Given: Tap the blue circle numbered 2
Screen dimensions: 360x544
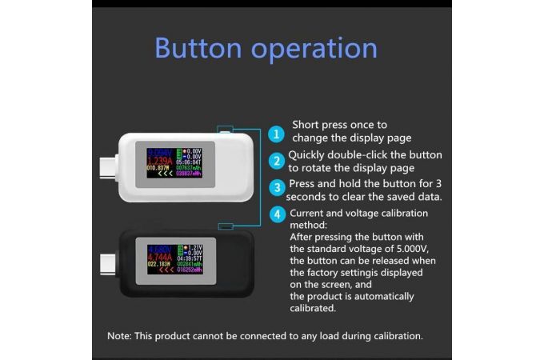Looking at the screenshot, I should pyautogui.click(x=275, y=161).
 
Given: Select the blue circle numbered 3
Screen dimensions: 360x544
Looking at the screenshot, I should pyautogui.click(x=275, y=188).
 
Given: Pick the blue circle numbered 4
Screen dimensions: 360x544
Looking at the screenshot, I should pyautogui.click(x=275, y=214).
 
